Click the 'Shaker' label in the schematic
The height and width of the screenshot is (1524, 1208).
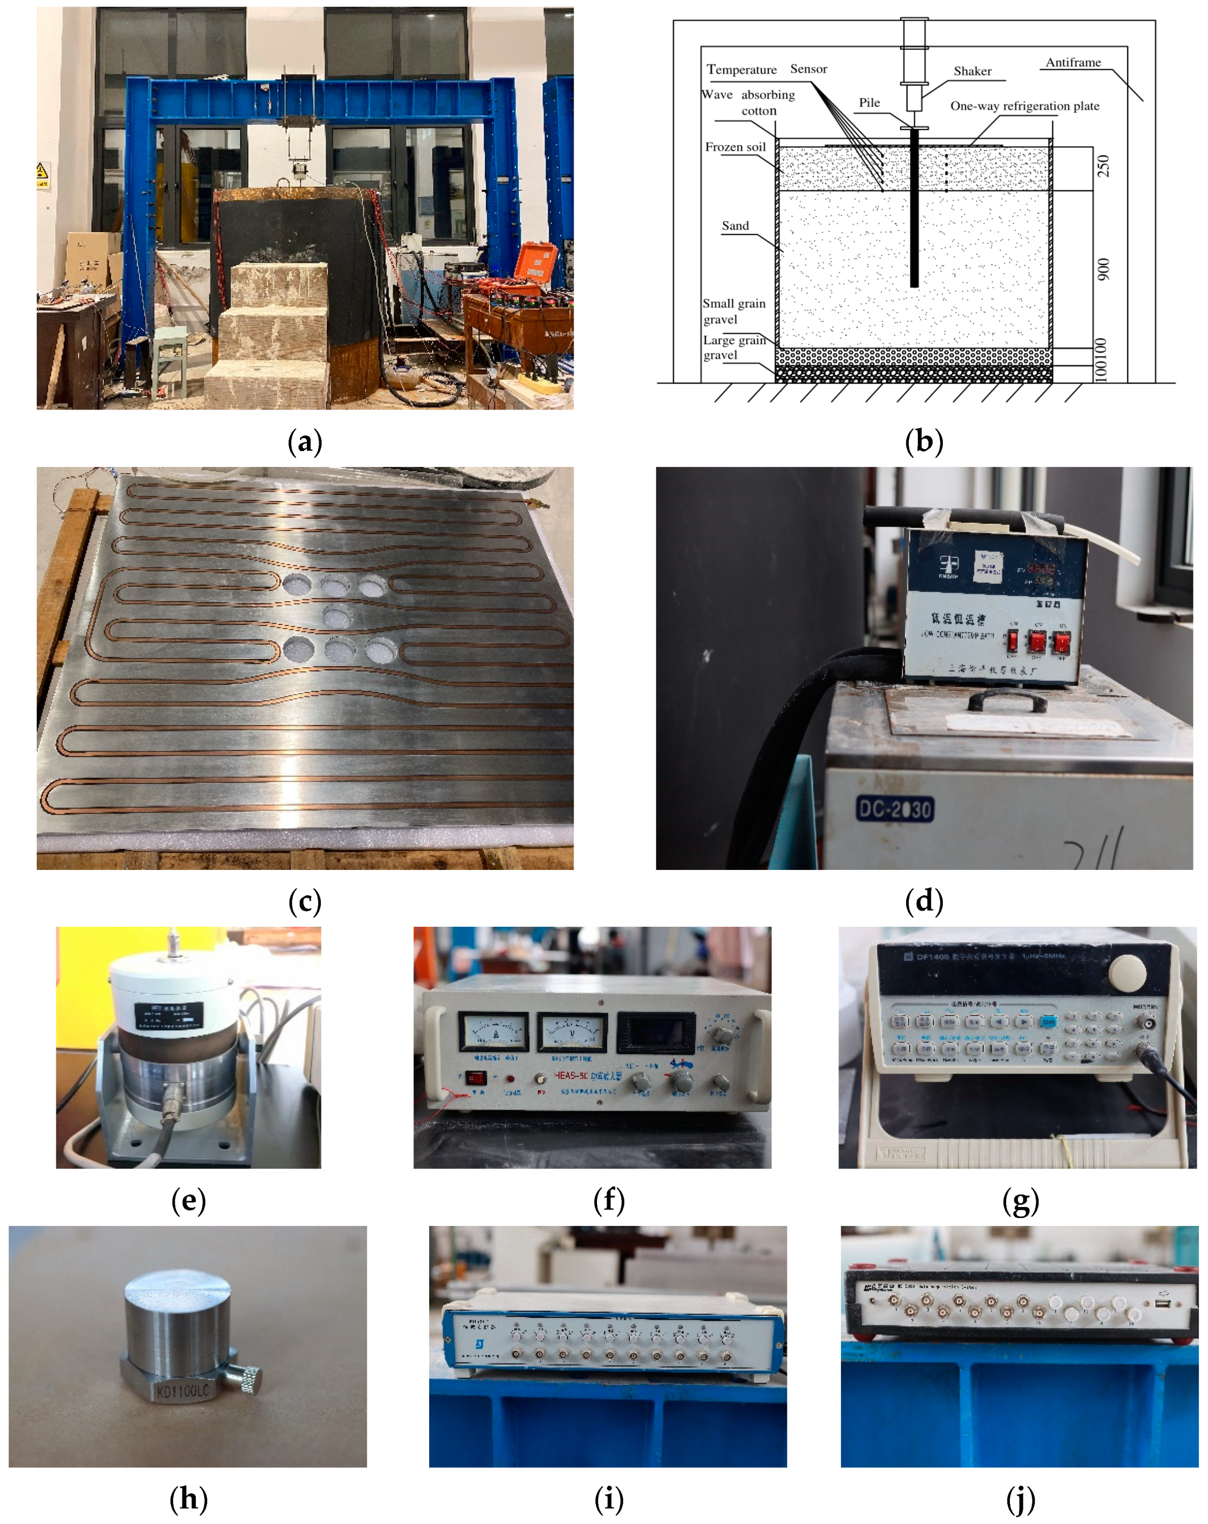point(972,71)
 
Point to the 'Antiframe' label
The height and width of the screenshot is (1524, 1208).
point(1073,62)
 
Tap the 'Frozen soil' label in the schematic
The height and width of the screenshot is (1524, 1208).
point(735,147)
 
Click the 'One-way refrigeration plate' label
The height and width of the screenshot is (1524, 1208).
point(1024,106)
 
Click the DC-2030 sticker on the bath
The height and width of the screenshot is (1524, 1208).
point(895,809)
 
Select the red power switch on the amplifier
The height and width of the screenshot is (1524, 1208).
point(475,1079)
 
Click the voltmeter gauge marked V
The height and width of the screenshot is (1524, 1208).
point(572,1032)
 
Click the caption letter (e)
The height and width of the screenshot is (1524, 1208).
point(188,1201)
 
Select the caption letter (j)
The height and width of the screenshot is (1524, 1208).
point(1020,1499)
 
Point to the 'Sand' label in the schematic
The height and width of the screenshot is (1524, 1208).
point(735,226)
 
